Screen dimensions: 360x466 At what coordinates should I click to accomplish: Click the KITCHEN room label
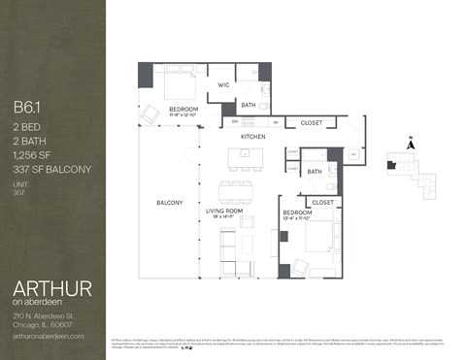point(253,137)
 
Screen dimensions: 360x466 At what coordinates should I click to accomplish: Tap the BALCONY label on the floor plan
point(170,202)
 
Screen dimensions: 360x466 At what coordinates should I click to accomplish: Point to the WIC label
point(222,84)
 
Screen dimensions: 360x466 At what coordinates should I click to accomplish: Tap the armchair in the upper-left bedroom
point(150,115)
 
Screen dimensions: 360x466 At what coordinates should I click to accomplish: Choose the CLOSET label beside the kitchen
point(312,122)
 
